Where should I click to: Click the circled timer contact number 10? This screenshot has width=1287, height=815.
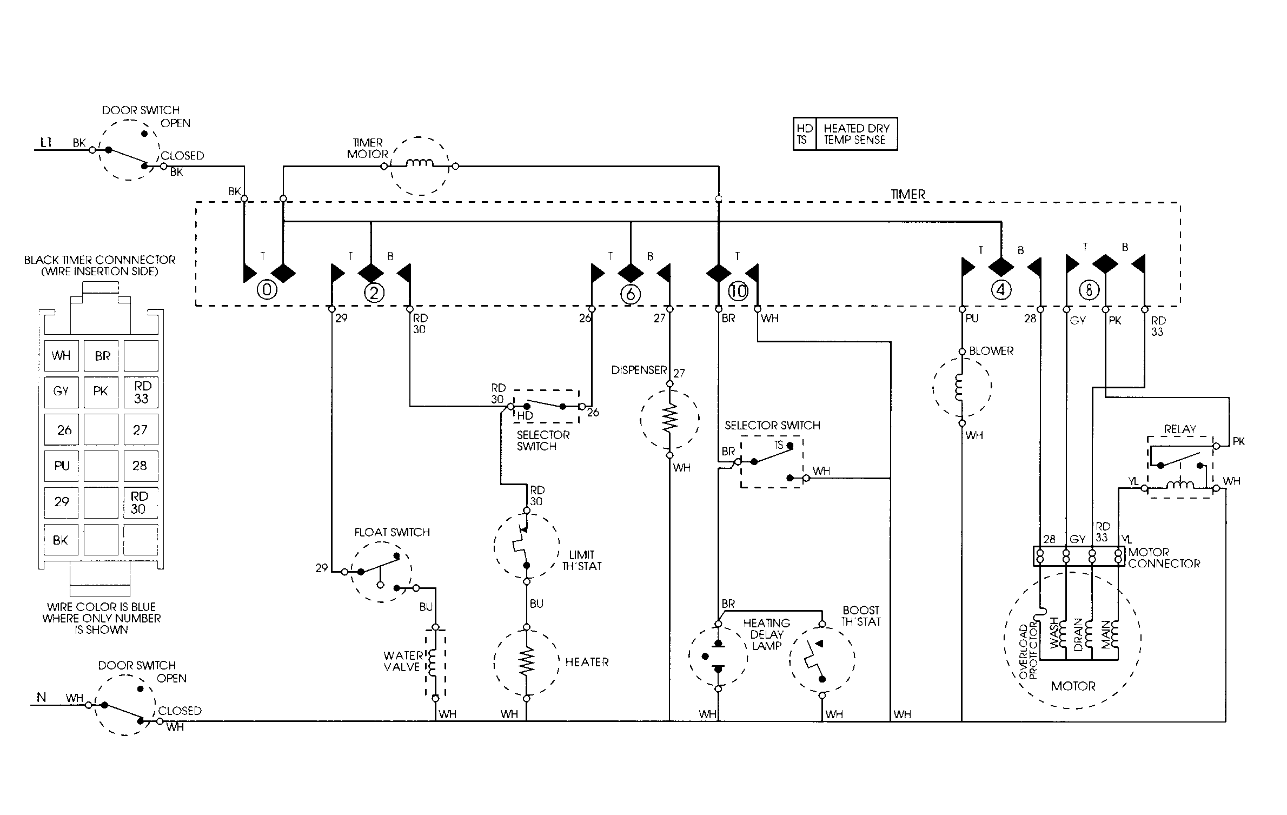pos(738,291)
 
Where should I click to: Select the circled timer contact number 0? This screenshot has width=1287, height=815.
pos(267,290)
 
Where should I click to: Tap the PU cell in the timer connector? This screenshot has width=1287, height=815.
pos(62,466)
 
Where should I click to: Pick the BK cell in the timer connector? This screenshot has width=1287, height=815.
pos(61,540)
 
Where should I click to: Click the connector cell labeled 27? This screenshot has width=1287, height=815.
pos(141,429)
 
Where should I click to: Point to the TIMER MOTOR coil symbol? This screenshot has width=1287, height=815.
pos(420,163)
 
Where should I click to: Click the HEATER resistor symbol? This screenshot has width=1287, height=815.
pos(526,662)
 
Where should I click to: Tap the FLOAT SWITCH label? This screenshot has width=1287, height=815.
pos(392,532)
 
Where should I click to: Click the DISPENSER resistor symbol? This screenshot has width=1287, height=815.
pos(669,418)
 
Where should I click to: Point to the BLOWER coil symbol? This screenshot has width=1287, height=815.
pos(961,386)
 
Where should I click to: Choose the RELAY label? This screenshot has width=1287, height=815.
pos(1180,429)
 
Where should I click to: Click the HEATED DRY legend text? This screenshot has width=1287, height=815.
pos(857,128)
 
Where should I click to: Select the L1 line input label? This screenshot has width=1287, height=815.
pos(47,143)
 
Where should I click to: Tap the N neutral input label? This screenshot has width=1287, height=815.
pos(41,698)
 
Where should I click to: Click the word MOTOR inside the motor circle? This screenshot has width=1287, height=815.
pos(1073,686)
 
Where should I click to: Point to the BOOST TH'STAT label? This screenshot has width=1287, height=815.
pos(861,616)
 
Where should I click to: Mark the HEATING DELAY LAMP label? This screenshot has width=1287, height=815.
pos(767,634)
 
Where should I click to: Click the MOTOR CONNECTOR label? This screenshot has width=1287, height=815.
pos(1164,558)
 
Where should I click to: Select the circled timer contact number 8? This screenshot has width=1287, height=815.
pos(1089,290)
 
